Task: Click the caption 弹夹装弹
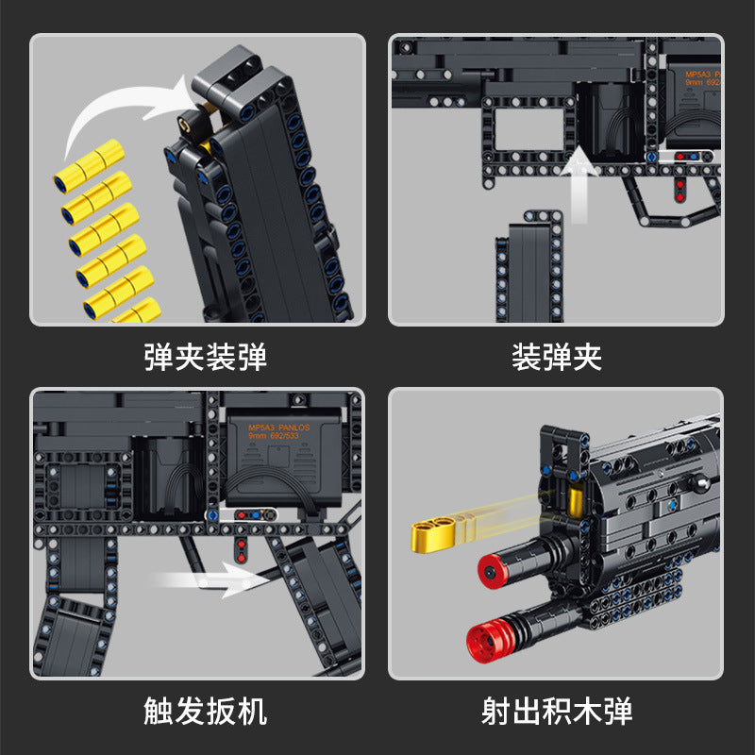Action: click(x=205, y=358)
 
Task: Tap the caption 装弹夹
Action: click(x=556, y=358)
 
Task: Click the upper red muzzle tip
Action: click(x=491, y=569)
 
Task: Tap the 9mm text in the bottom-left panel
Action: click(x=257, y=438)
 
